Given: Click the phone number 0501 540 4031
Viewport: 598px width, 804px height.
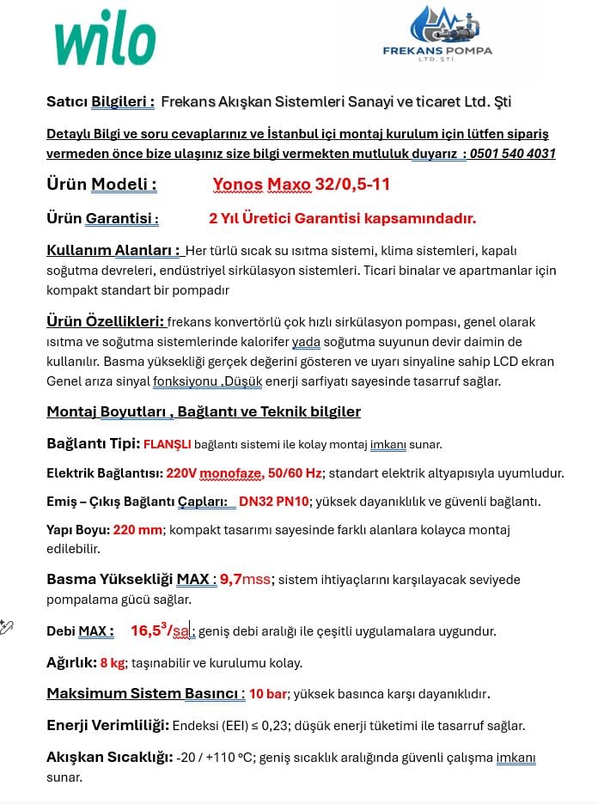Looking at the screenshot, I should point(512,154).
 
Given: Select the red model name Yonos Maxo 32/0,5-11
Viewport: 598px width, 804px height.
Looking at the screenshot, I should point(301,184).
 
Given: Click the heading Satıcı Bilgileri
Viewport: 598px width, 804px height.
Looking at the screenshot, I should point(101,101).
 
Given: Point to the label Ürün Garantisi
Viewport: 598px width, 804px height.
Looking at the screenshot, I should point(102,218).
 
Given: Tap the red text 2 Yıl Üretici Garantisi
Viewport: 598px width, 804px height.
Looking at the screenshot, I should point(342,218).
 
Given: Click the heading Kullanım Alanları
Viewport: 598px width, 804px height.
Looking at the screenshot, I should point(113,251).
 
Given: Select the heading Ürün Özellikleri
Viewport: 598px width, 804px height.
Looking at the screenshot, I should point(105,322).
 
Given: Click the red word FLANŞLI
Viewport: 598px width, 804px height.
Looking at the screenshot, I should point(167,445).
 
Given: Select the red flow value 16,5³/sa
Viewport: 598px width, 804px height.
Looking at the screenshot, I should point(160,631).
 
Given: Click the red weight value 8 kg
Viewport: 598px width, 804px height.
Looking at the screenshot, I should point(113,663).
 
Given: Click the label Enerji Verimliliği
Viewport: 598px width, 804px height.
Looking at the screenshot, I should point(107,726).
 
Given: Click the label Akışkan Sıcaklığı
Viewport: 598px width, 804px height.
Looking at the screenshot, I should point(109,758).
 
